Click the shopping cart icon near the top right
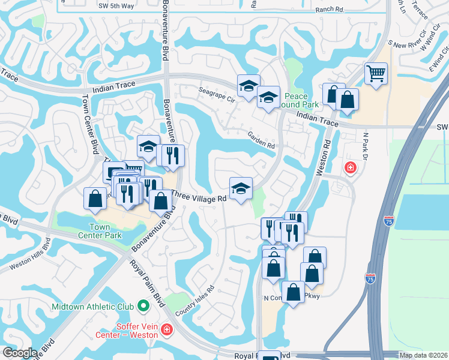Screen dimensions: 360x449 tap(376, 74)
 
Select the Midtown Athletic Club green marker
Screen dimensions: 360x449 tap(143, 306)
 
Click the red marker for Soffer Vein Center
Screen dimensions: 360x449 tap(166, 329)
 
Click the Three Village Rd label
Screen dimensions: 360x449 tap(200, 196)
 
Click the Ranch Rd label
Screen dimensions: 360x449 tap(328, 10)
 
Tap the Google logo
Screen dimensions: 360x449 tap(20, 353)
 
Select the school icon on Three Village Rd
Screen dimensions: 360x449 tap(241, 188)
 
